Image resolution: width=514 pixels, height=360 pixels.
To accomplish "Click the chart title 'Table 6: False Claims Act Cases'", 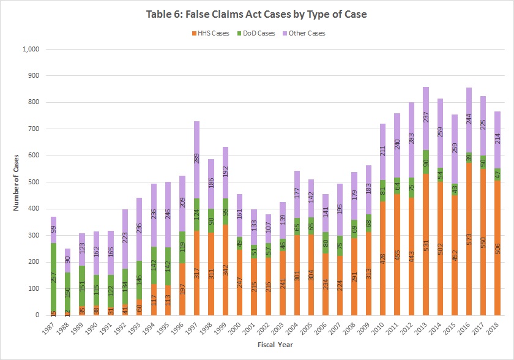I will (x=256, y=14).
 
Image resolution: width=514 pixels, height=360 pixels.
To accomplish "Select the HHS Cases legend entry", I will (x=210, y=32).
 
